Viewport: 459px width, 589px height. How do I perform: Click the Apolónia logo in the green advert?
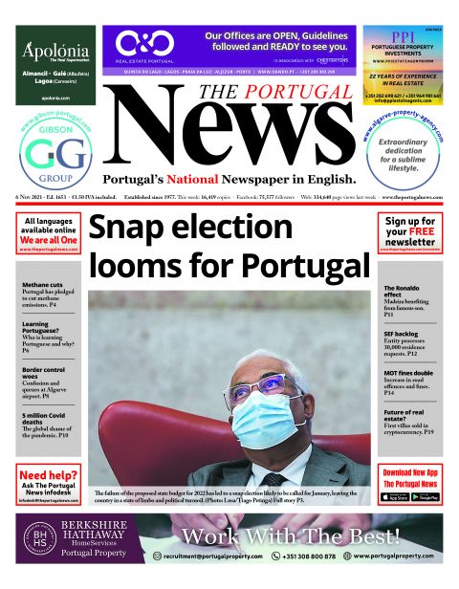(x=55, y=50)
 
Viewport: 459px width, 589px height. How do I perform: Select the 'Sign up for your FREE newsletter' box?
(x=410, y=233)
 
